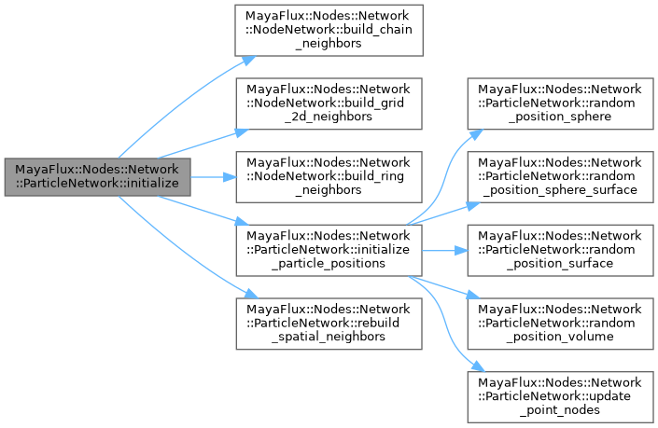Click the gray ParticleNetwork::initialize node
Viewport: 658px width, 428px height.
[x=97, y=176]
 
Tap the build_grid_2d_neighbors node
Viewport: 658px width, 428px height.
[x=329, y=104]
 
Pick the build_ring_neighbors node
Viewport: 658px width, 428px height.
[x=329, y=176]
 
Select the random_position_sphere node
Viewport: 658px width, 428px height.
[x=560, y=104]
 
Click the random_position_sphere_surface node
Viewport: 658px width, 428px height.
[x=560, y=176]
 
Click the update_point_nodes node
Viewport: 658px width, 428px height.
[x=560, y=395]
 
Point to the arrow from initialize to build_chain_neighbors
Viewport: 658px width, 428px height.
[x=177, y=102]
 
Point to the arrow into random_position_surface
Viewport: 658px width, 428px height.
[x=444, y=250]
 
